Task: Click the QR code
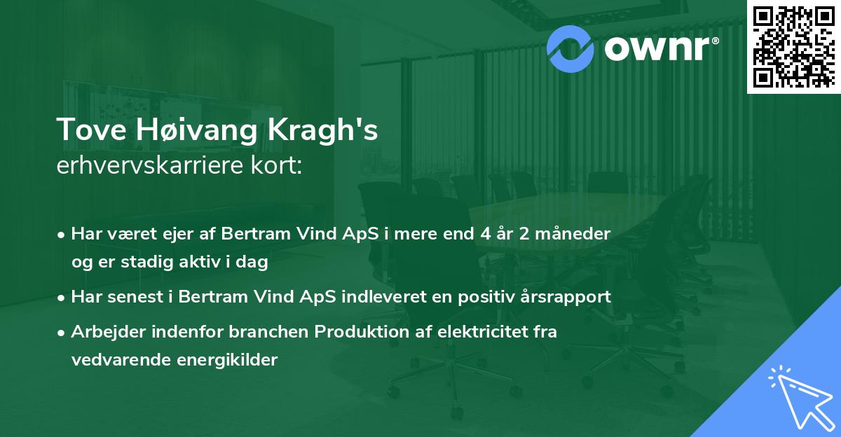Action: pos(794,47)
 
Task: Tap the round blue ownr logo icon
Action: pos(570,49)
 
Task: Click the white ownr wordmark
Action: pos(657,48)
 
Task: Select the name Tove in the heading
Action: pos(91,130)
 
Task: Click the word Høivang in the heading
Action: pos(196,130)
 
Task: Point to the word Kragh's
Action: pos(322,130)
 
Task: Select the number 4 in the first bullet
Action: pos(486,234)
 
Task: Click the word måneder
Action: pos(573,233)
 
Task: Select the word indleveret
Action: pos(384,296)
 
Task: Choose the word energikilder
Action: pos(227,360)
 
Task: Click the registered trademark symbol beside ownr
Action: pos(715,41)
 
